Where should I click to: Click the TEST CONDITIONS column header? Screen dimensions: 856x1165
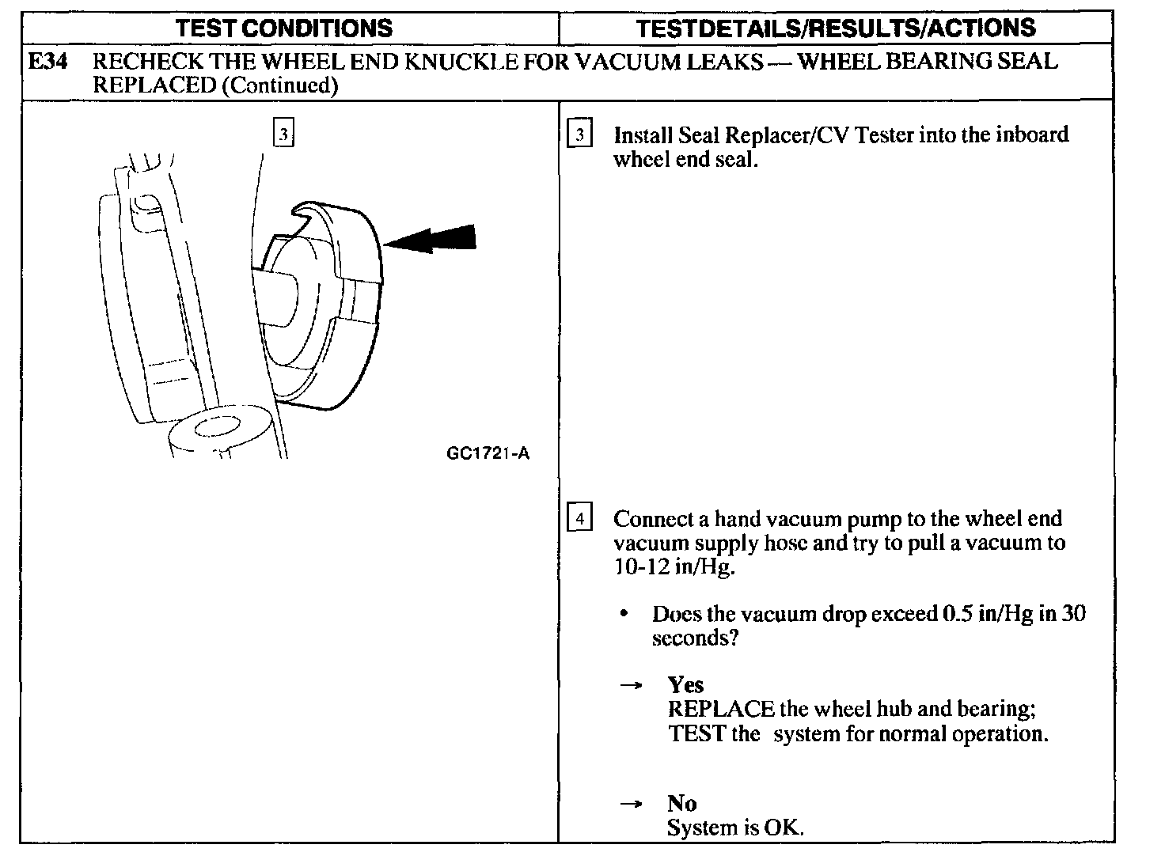pyautogui.click(x=283, y=28)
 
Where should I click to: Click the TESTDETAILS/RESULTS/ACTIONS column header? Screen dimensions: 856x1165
pyautogui.click(x=836, y=28)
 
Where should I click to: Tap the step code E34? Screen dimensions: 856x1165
pyautogui.click(x=47, y=61)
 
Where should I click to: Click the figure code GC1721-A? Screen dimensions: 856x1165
pyautogui.click(x=488, y=453)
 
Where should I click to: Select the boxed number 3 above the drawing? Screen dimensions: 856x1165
pyautogui.click(x=283, y=132)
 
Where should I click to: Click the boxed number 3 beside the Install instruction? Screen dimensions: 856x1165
pyautogui.click(x=579, y=135)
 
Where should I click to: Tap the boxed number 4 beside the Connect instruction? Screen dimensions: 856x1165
pyautogui.click(x=579, y=519)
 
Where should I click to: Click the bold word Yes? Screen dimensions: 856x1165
pyautogui.click(x=685, y=684)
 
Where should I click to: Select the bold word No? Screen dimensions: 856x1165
pyautogui.click(x=681, y=804)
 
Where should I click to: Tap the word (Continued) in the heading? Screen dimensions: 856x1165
pyautogui.click(x=280, y=85)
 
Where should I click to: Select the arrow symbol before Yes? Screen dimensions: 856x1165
pyautogui.click(x=630, y=686)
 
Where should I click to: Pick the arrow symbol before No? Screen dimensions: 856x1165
pyautogui.click(x=630, y=805)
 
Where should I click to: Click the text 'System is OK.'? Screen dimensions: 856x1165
pyautogui.click(x=735, y=828)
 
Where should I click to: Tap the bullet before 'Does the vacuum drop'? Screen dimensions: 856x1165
pyautogui.click(x=625, y=615)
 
